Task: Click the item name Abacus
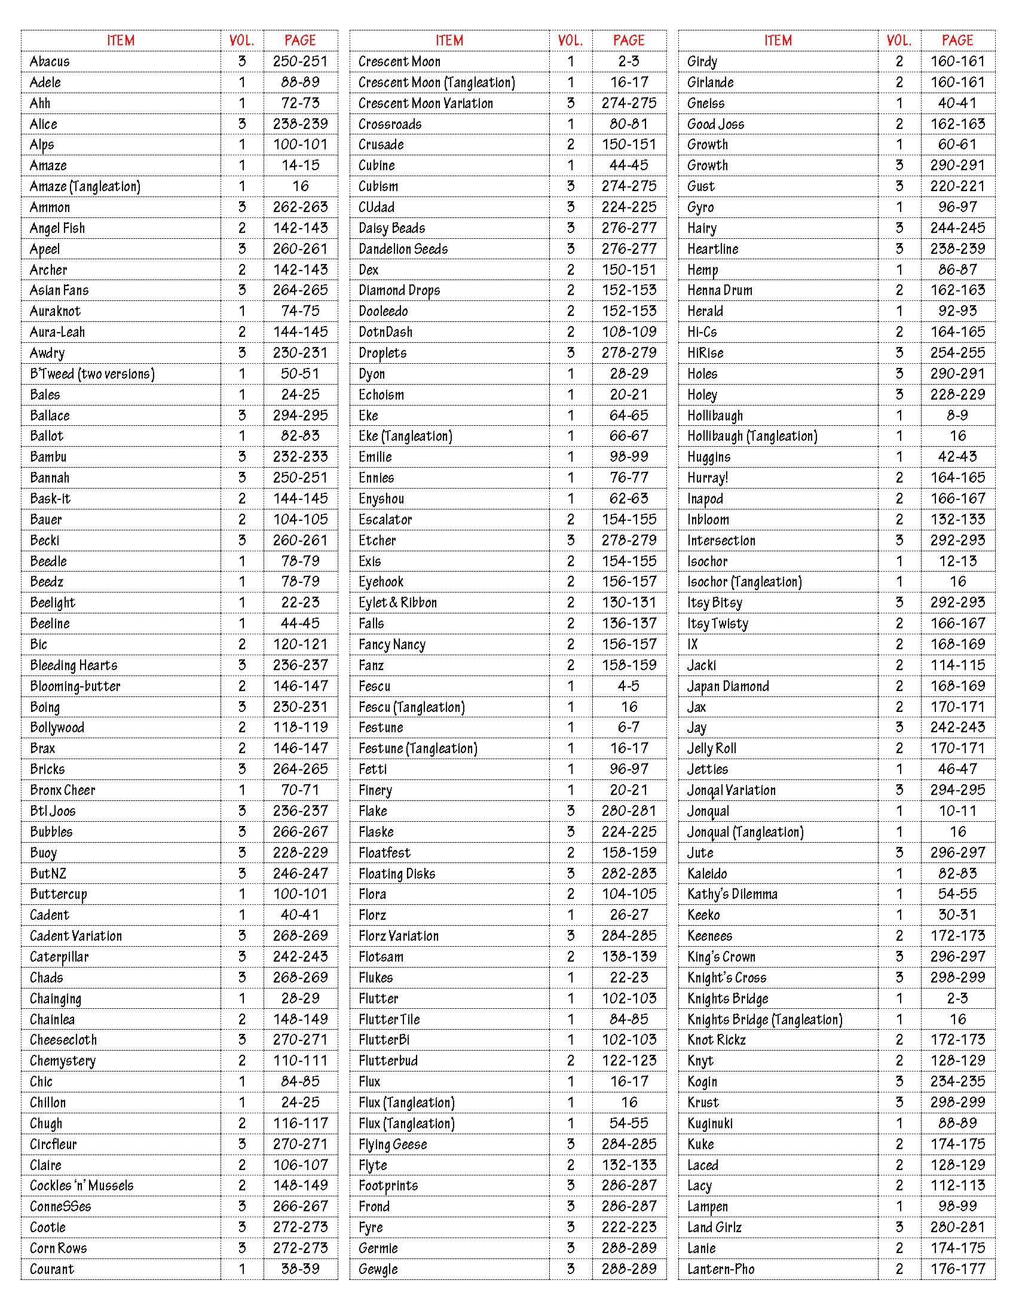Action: pos(50,62)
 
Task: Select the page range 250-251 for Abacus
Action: pos(300,62)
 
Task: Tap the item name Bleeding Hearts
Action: pos(74,665)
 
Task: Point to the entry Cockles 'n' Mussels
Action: pos(82,1186)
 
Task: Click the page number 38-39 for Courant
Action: pos(300,1269)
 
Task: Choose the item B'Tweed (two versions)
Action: pos(92,374)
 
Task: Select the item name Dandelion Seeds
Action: pos(403,249)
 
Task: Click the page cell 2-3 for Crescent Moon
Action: pos(628,62)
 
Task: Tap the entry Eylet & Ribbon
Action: pos(397,603)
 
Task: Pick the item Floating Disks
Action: pos(397,874)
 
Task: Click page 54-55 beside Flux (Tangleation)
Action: pos(628,1123)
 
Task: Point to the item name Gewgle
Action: pos(378,1269)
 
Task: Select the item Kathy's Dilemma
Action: pos(732,894)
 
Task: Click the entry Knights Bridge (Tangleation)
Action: pos(764,1019)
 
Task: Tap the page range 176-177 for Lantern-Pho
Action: pos(957,1269)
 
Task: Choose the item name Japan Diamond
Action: pos(728,686)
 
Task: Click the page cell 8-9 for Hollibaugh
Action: pos(957,415)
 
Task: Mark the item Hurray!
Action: pos(707,478)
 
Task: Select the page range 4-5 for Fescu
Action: pos(628,686)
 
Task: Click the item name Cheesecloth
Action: pos(63,1040)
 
